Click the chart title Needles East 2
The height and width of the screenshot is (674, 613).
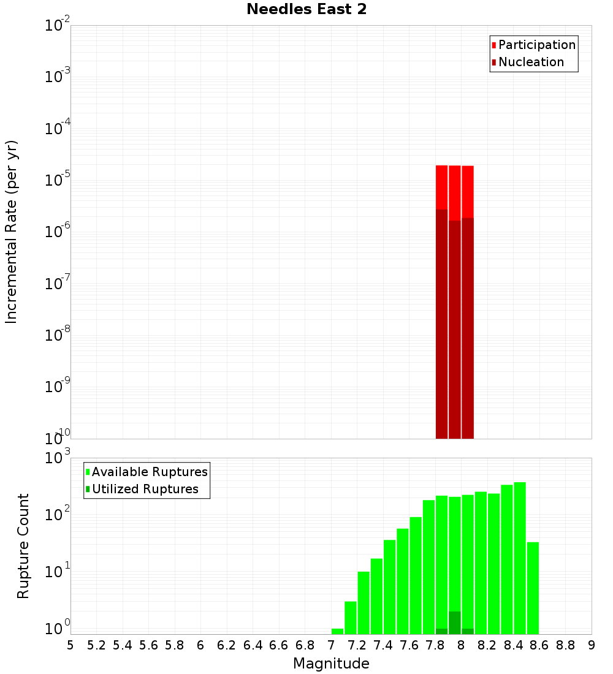(306, 10)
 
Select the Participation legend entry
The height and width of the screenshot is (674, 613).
(536, 45)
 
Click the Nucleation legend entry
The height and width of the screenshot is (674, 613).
(530, 62)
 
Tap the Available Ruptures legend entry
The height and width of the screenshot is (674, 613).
(149, 472)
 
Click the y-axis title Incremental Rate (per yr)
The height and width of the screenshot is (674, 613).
(12, 232)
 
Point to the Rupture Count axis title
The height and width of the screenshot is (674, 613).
(23, 546)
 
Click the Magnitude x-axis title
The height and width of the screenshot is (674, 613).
(331, 664)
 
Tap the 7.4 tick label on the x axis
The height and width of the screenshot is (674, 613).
(383, 645)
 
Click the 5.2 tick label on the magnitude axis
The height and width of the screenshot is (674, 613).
(96, 645)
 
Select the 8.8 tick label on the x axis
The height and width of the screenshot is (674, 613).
(565, 645)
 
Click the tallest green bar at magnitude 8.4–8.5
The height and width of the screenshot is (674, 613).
(520, 558)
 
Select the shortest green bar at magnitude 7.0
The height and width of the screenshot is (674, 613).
(337, 631)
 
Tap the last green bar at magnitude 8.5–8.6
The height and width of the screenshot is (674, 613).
(533, 588)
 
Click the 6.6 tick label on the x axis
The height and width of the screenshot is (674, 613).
(279, 645)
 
